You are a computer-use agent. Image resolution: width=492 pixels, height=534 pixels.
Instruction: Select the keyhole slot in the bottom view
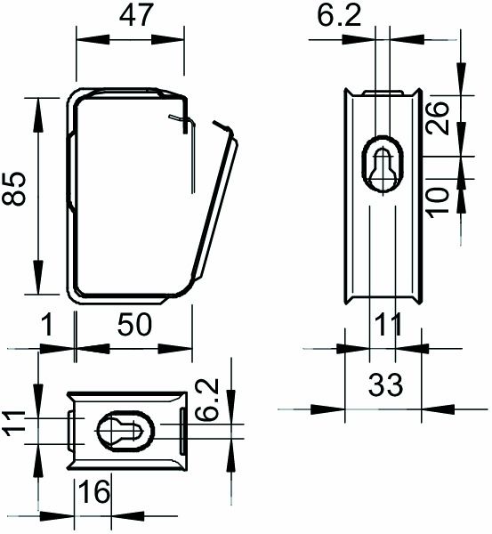tap(124, 431)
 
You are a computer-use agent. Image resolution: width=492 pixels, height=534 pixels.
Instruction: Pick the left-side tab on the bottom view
tap(70, 430)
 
